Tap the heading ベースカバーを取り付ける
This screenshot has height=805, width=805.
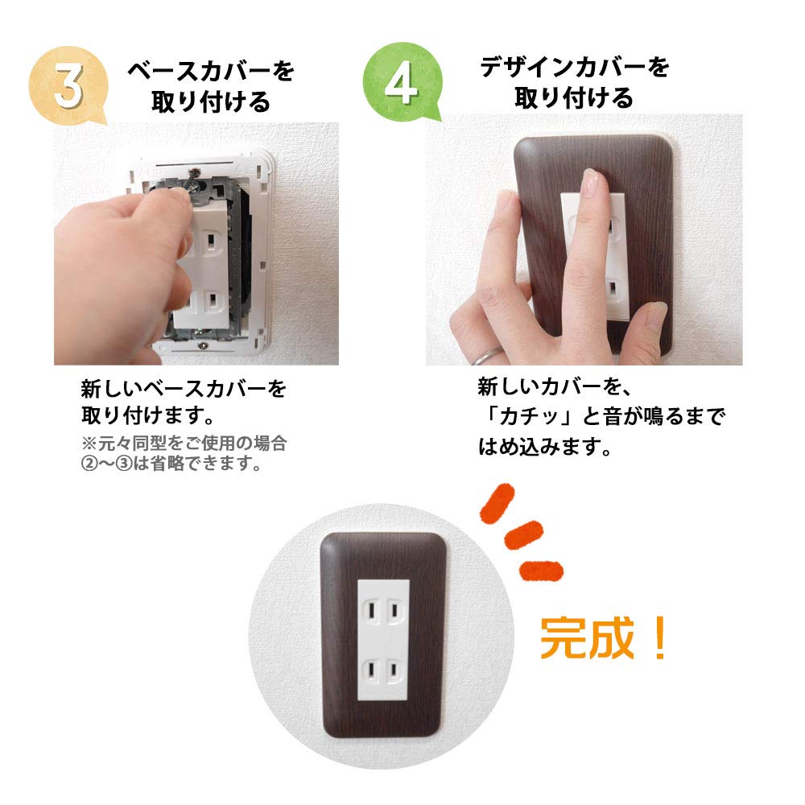211,86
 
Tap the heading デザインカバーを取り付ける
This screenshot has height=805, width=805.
574,82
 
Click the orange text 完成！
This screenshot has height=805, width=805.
604,638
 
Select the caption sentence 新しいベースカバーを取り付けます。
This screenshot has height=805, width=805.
184,403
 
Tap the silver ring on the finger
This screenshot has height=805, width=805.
487,355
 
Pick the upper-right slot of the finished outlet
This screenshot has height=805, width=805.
395,611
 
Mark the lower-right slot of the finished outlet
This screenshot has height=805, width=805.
395,669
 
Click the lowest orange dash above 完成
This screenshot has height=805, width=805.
541,568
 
